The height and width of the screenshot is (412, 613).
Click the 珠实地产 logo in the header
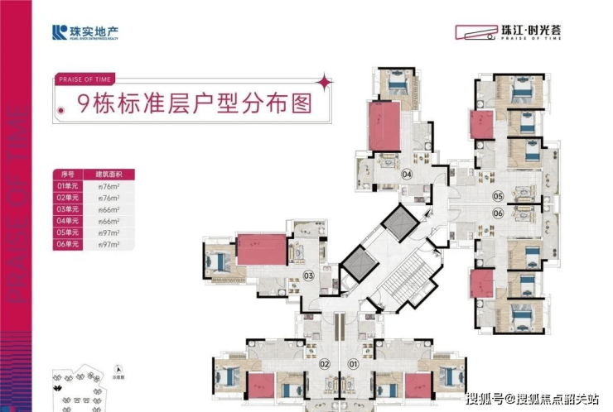(x=79, y=33)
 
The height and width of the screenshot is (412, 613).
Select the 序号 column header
(x=68, y=175)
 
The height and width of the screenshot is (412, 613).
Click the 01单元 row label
(x=68, y=186)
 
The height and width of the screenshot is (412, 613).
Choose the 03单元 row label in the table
(x=68, y=209)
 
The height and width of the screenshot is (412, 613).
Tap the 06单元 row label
(x=68, y=245)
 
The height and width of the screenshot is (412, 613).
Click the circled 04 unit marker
(x=407, y=175)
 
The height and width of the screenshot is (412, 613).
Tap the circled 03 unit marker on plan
(x=308, y=276)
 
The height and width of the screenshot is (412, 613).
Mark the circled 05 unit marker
(x=498, y=196)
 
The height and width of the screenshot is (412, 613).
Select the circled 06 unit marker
(x=498, y=213)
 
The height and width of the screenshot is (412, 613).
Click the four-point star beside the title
(x=326, y=82)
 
